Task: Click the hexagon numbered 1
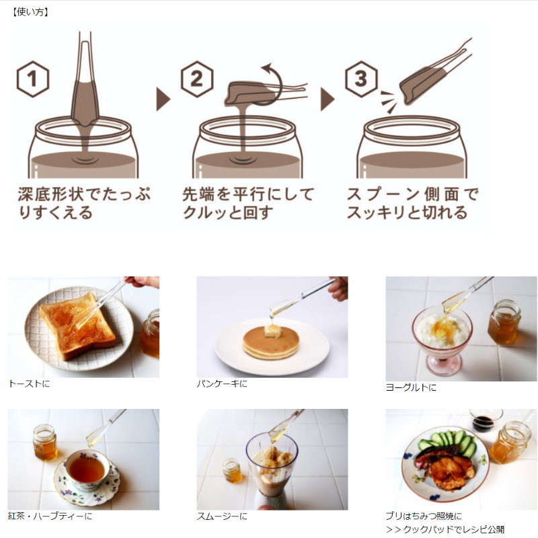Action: point(32,79)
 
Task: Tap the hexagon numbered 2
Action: point(197,79)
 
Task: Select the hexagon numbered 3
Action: point(361,79)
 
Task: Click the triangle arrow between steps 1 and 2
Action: point(163,99)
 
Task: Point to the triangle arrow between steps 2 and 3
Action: point(327,99)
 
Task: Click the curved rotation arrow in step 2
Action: point(280,82)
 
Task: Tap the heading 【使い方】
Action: point(30,12)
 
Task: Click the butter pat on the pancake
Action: point(272,332)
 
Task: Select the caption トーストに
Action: point(29,383)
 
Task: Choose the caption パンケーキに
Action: point(222,383)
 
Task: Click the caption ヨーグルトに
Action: point(411,387)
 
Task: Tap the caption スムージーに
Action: point(222,516)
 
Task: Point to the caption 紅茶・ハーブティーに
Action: point(50,516)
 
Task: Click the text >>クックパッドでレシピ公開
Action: point(445,529)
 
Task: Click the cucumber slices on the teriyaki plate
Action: point(448,442)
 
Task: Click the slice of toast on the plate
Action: point(78,326)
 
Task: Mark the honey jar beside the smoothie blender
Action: point(232,470)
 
